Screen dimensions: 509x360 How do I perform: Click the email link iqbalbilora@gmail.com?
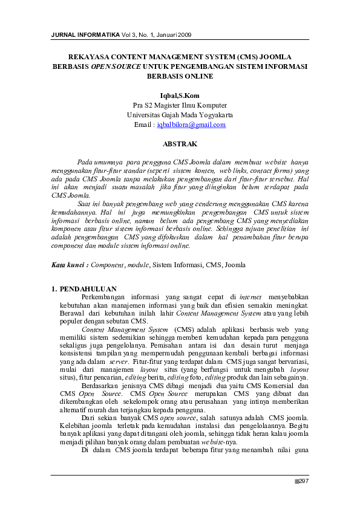(191, 125)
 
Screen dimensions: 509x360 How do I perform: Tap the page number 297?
(304, 481)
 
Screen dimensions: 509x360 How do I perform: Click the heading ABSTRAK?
(180, 144)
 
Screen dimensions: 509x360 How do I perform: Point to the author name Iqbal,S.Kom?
(180, 95)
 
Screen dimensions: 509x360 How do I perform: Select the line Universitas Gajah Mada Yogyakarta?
(180, 114)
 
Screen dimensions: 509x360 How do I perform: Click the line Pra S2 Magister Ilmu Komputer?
(180, 105)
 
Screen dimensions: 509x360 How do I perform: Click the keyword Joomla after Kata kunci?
(235, 265)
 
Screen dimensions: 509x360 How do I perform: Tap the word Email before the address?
(143, 125)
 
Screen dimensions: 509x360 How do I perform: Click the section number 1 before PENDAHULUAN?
(54, 289)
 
